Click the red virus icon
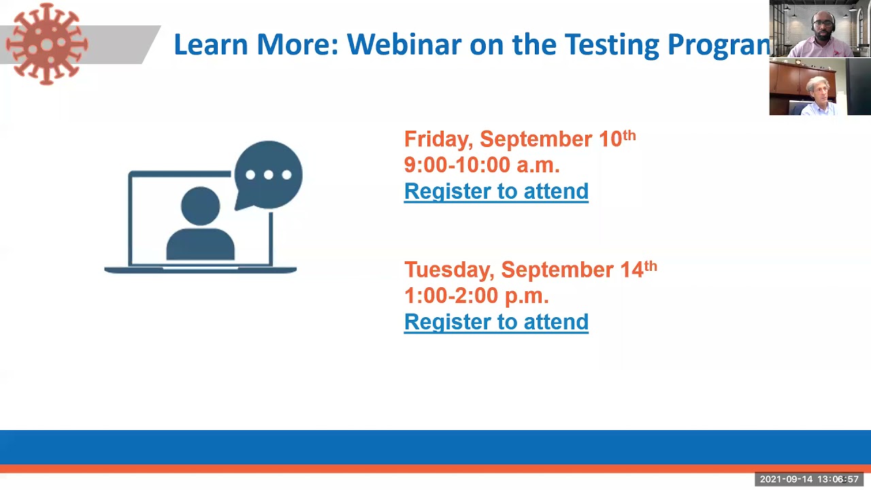tap(46, 44)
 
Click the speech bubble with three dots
tap(268, 175)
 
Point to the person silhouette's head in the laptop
tap(201, 204)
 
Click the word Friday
tap(437, 140)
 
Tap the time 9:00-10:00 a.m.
tap(482, 165)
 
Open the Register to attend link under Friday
tap(496, 191)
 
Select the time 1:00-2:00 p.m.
tap(476, 296)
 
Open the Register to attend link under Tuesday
tap(496, 322)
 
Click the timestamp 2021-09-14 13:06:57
tap(809, 480)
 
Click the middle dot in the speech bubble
tap(268, 175)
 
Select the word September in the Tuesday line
tap(557, 270)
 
